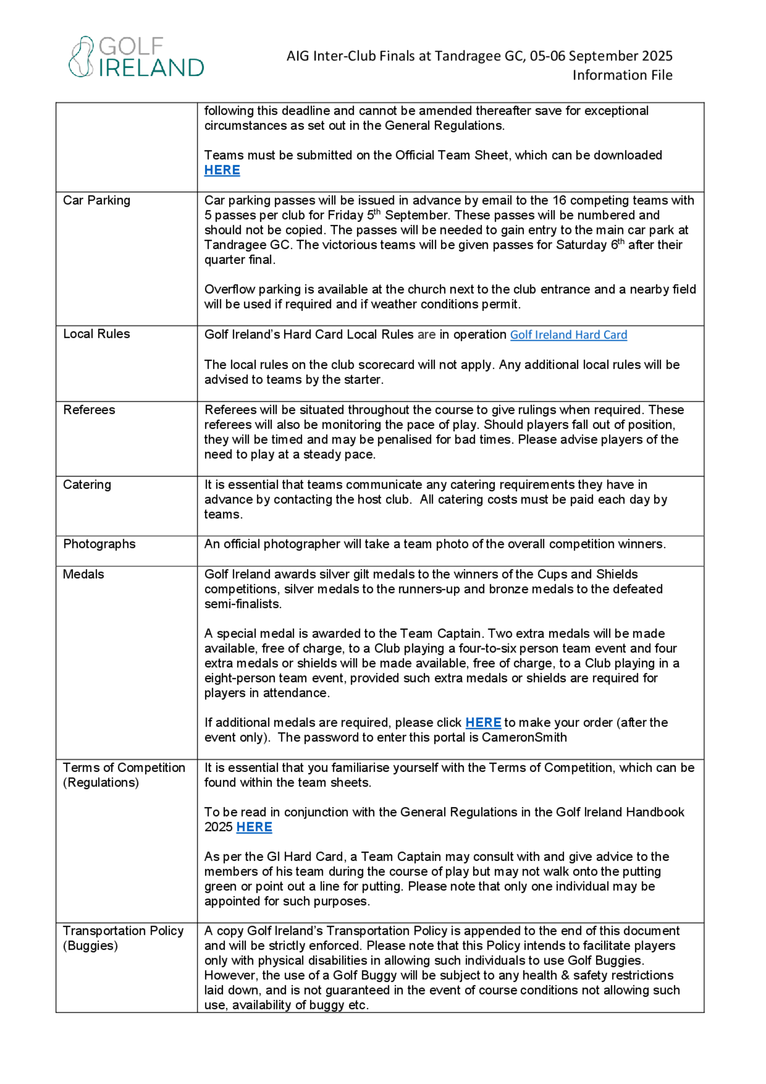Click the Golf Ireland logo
point(136,57)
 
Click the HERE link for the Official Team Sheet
point(222,170)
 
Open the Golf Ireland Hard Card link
point(568,335)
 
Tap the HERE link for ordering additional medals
point(483,722)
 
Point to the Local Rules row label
point(96,334)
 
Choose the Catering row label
point(87,484)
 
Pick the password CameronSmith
point(524,738)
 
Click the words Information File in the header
point(622,75)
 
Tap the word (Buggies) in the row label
point(90,945)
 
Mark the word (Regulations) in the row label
point(100,782)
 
